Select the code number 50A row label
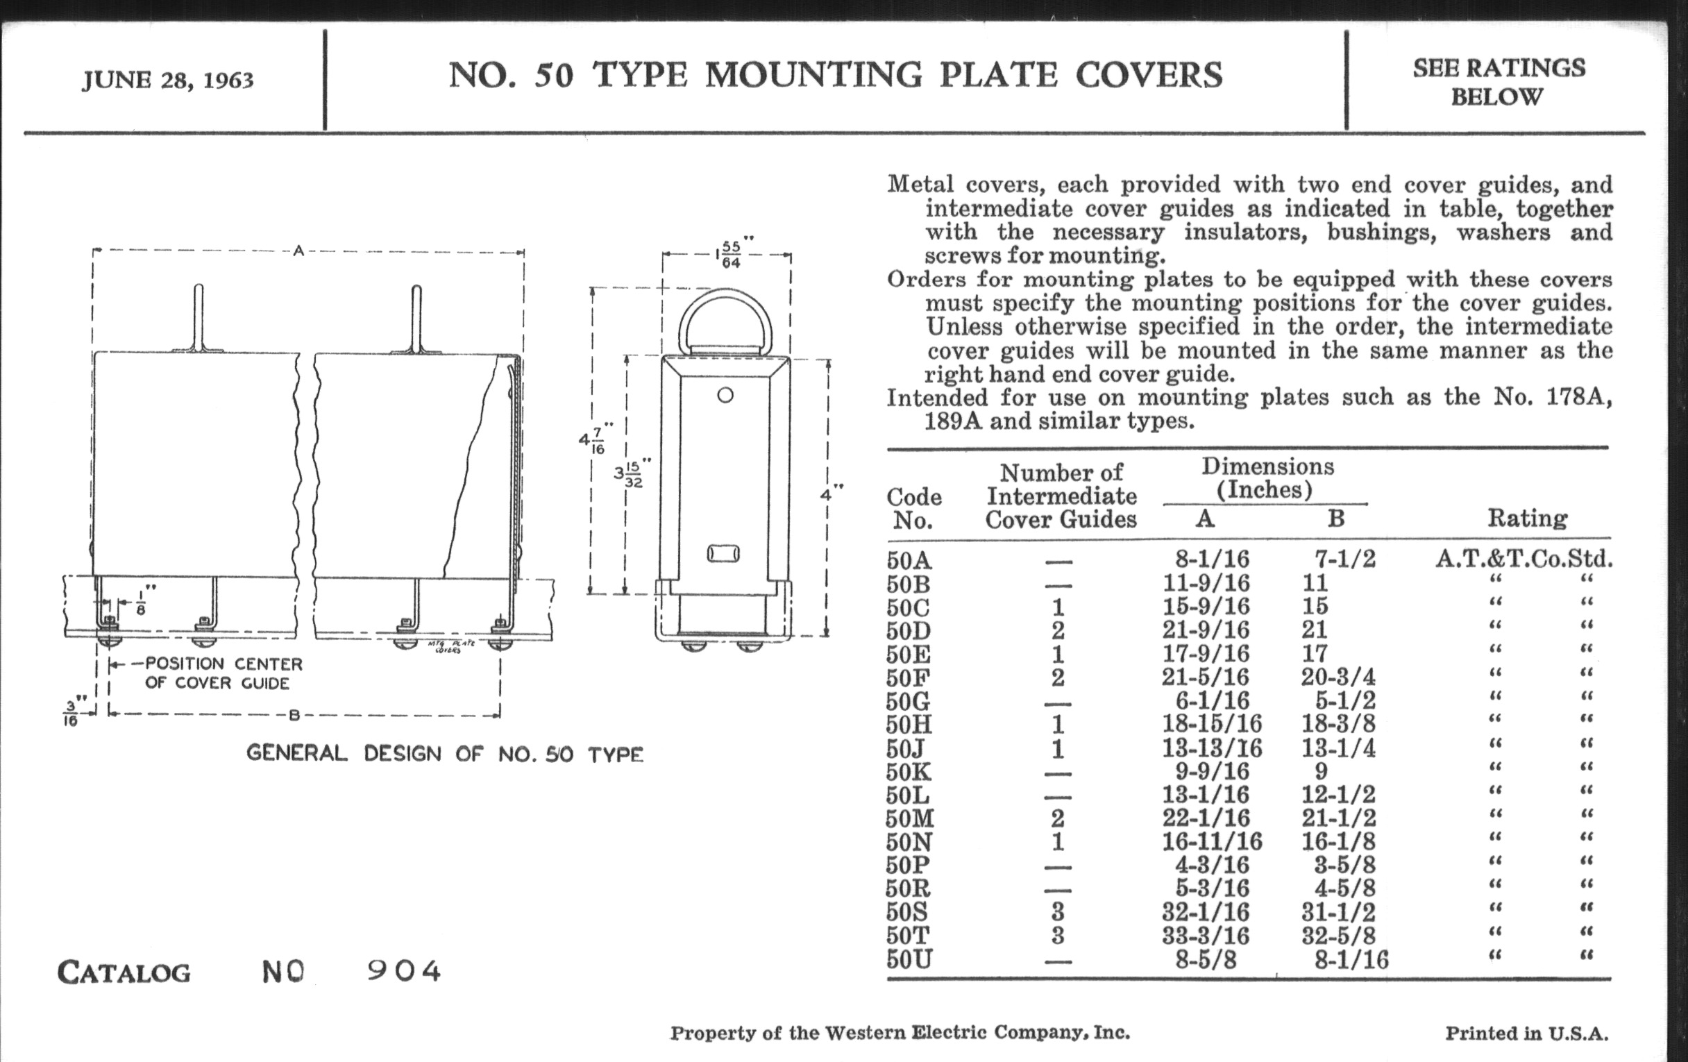click(x=909, y=560)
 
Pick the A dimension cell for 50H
click(x=1212, y=723)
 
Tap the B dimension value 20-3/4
click(x=1338, y=677)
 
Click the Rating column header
click(x=1527, y=518)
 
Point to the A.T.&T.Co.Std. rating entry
click(x=1524, y=559)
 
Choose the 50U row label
click(x=909, y=959)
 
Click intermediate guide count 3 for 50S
click(x=1058, y=912)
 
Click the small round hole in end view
click(x=725, y=396)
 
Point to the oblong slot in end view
click(x=723, y=555)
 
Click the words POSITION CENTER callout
click(x=223, y=664)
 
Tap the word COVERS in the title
click(x=1149, y=76)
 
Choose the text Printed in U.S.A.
click(x=1526, y=1034)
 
